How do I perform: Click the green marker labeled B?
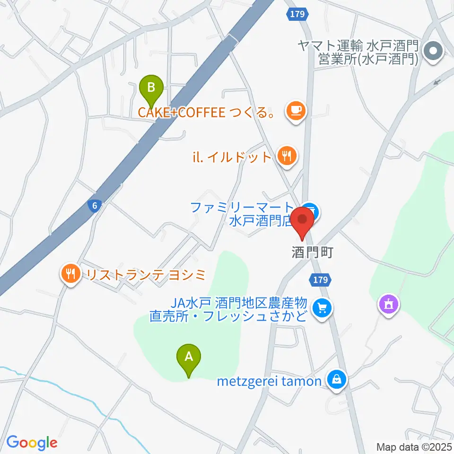click(x=151, y=88)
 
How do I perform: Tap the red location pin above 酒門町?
click(x=302, y=220)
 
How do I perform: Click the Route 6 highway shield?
click(x=95, y=205)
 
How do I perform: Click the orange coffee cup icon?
click(x=296, y=112)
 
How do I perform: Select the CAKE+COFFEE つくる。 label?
click(x=207, y=113)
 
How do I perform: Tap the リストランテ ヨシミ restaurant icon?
click(x=71, y=273)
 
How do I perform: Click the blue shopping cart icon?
click(x=323, y=309)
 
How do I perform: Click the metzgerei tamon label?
click(x=269, y=381)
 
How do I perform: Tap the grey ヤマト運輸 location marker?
click(x=433, y=52)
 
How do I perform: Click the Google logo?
click(x=32, y=442)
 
